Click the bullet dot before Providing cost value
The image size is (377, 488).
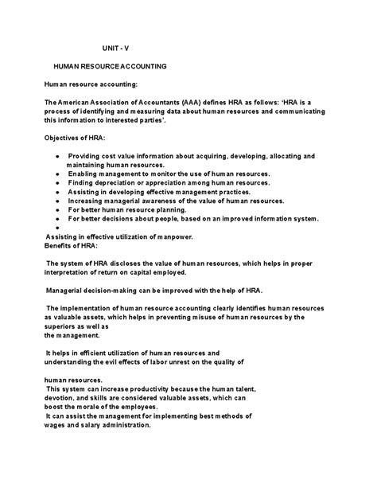57,156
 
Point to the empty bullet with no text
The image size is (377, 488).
57,228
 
